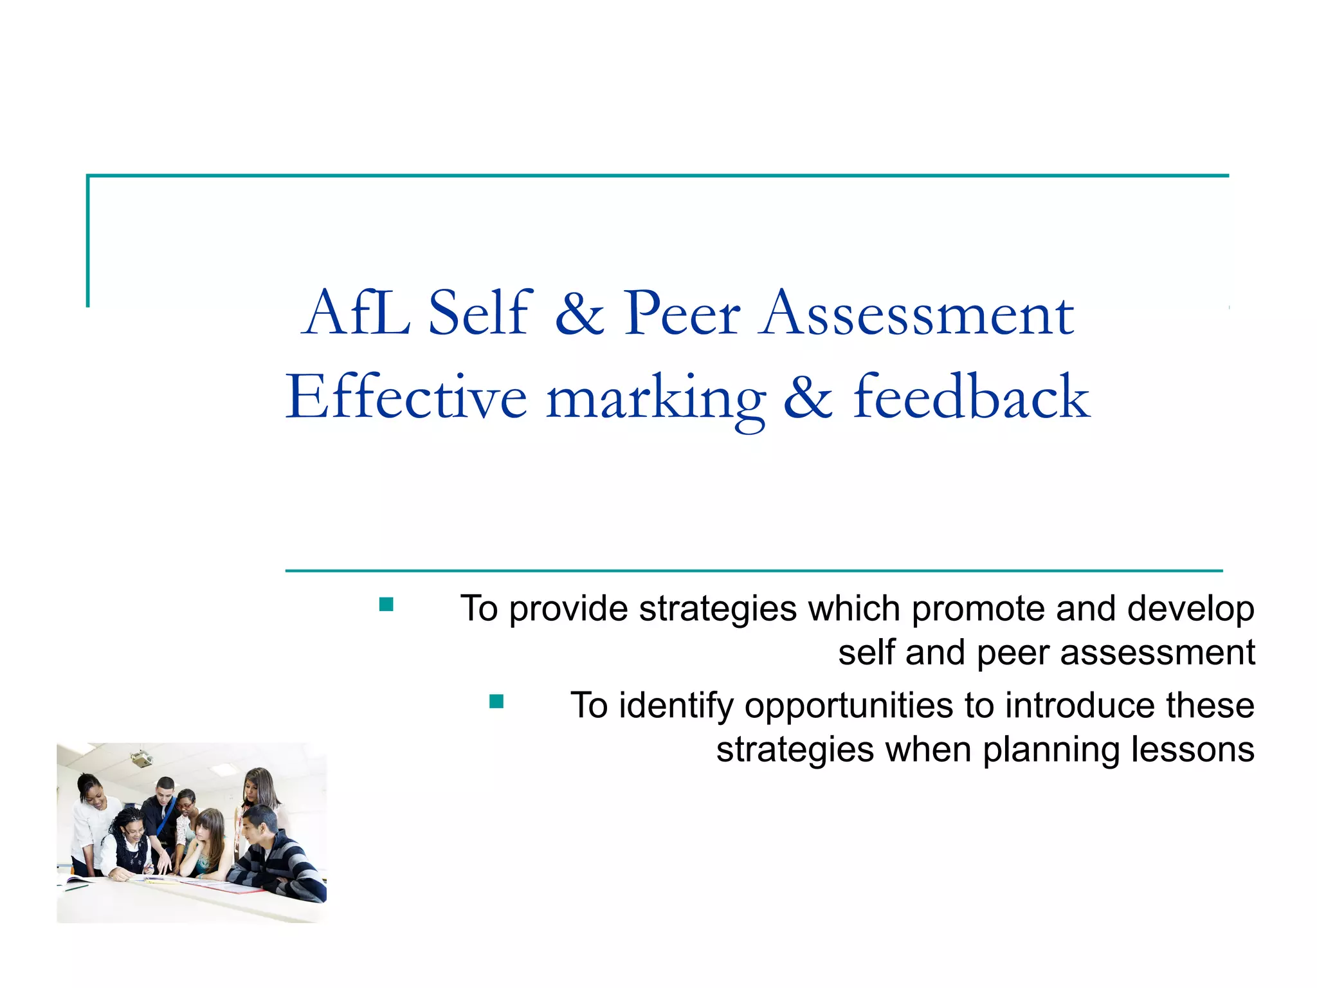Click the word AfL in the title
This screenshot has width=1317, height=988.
click(x=356, y=314)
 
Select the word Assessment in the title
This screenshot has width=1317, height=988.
click(x=916, y=314)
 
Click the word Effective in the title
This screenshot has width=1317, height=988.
click(x=406, y=398)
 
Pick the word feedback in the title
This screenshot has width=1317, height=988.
click(x=971, y=398)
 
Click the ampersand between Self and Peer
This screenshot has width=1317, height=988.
click(x=579, y=314)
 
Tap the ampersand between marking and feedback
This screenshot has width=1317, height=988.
click(x=808, y=398)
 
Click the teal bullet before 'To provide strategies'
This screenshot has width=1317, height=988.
click(x=386, y=605)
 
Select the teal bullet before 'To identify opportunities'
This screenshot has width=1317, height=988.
click(x=496, y=701)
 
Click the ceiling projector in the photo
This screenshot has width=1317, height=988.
click(x=141, y=760)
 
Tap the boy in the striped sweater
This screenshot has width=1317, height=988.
click(x=273, y=855)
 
